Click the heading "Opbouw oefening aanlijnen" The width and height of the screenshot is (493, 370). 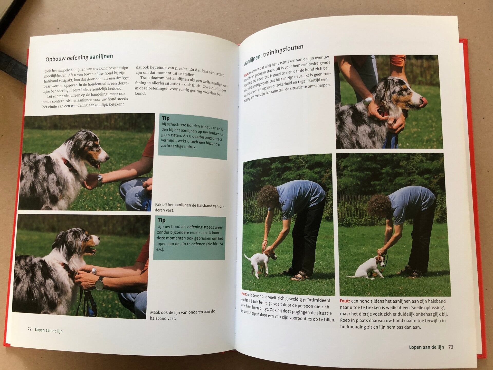click(79, 58)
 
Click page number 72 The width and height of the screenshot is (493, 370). click(30, 329)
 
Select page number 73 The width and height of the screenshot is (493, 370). click(451, 347)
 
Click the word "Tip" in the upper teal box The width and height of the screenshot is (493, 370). click(166, 118)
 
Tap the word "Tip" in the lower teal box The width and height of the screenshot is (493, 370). click(162, 220)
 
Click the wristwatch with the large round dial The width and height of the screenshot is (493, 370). click(99, 284)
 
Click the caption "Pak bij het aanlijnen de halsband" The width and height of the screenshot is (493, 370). click(189, 208)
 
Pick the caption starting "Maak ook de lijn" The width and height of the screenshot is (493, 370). click(183, 315)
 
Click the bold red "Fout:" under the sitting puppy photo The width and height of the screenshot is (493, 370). click(345, 301)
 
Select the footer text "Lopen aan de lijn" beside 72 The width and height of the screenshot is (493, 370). click(49, 330)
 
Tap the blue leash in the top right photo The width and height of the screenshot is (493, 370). click(390, 141)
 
